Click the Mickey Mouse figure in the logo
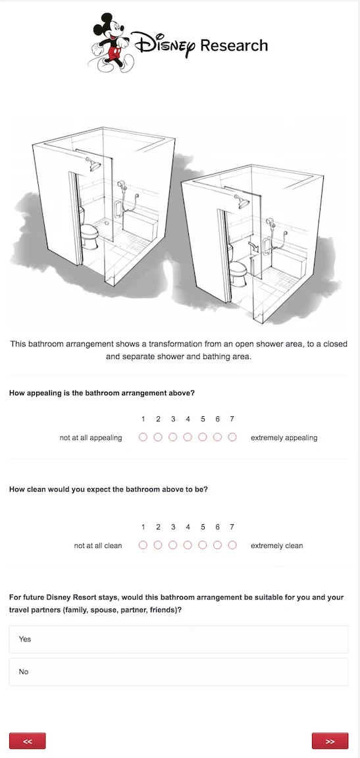pos(111,43)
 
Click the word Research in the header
pos(234,45)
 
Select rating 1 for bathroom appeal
pos(143,437)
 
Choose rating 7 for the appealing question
pos(232,437)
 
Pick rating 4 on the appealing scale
pos(188,437)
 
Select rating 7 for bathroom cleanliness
pos(232,545)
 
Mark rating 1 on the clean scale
pos(143,545)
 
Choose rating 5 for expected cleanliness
pos(203,545)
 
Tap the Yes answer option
pos(179,639)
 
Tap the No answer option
pos(179,672)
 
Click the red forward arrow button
pos(330,741)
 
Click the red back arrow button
pos(28,741)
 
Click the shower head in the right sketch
pos(242,202)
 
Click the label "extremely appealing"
pos(284,438)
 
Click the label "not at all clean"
pos(98,546)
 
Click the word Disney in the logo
pos(164,45)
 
